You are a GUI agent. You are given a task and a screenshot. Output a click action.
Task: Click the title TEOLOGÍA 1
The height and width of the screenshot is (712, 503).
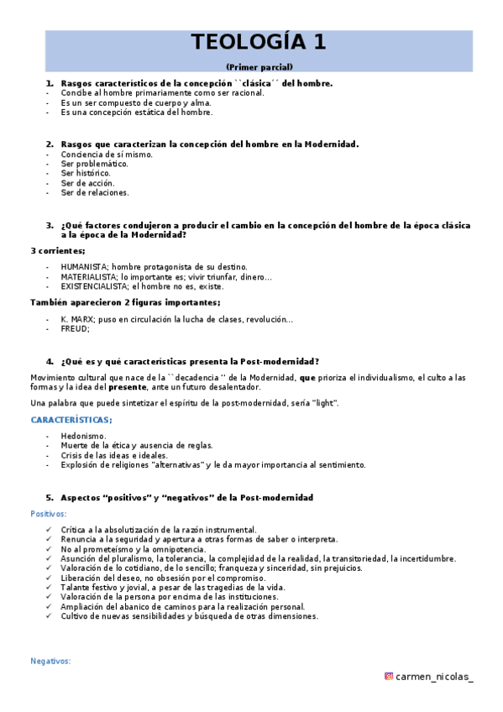pyautogui.click(x=258, y=42)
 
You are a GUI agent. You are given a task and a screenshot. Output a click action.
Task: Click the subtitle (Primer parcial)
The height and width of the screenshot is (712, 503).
pyautogui.click(x=259, y=66)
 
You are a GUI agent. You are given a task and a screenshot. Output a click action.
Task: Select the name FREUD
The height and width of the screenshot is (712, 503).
pyautogui.click(x=74, y=329)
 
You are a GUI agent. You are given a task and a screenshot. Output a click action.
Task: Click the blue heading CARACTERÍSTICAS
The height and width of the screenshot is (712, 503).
pyautogui.click(x=71, y=419)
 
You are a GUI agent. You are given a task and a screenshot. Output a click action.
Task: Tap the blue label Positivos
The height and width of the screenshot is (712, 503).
pyautogui.click(x=48, y=513)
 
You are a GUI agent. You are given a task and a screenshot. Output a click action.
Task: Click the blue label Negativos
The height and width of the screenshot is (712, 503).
pyautogui.click(x=50, y=661)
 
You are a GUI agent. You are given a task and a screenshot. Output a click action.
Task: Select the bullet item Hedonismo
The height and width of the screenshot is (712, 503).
pyautogui.click(x=83, y=436)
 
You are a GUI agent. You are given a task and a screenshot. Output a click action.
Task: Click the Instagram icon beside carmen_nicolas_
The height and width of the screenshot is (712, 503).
pyautogui.click(x=388, y=677)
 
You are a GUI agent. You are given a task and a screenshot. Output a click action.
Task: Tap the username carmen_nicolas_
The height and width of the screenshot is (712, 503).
pyautogui.click(x=434, y=677)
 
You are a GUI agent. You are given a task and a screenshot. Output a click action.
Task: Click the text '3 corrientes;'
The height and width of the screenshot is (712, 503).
pyautogui.click(x=57, y=251)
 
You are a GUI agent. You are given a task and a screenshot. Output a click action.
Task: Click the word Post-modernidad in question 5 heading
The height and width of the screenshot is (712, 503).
pyautogui.click(x=276, y=498)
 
